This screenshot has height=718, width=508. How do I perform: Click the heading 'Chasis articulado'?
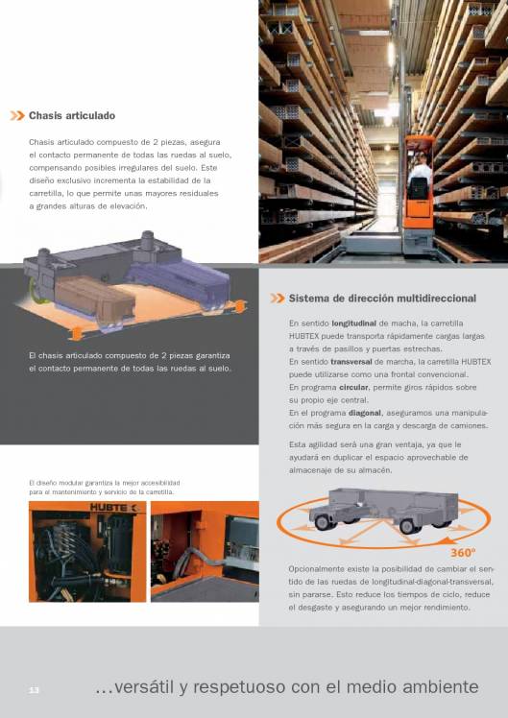72,115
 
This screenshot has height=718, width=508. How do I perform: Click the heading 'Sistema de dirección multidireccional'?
382,299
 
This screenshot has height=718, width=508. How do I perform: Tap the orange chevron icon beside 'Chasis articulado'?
17,115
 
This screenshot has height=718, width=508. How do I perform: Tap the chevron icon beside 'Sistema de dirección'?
278,299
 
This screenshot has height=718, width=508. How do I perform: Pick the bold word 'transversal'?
351,361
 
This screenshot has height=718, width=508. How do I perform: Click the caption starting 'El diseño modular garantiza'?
104,488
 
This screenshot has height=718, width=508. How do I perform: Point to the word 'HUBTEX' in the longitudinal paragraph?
307,336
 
